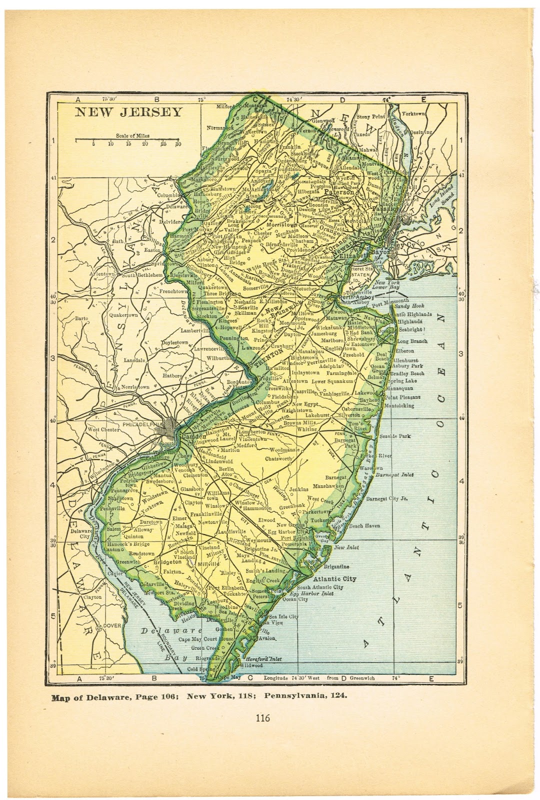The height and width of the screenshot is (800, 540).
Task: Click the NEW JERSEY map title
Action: click(x=128, y=111)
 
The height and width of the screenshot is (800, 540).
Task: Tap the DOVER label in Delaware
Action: click(x=112, y=626)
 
